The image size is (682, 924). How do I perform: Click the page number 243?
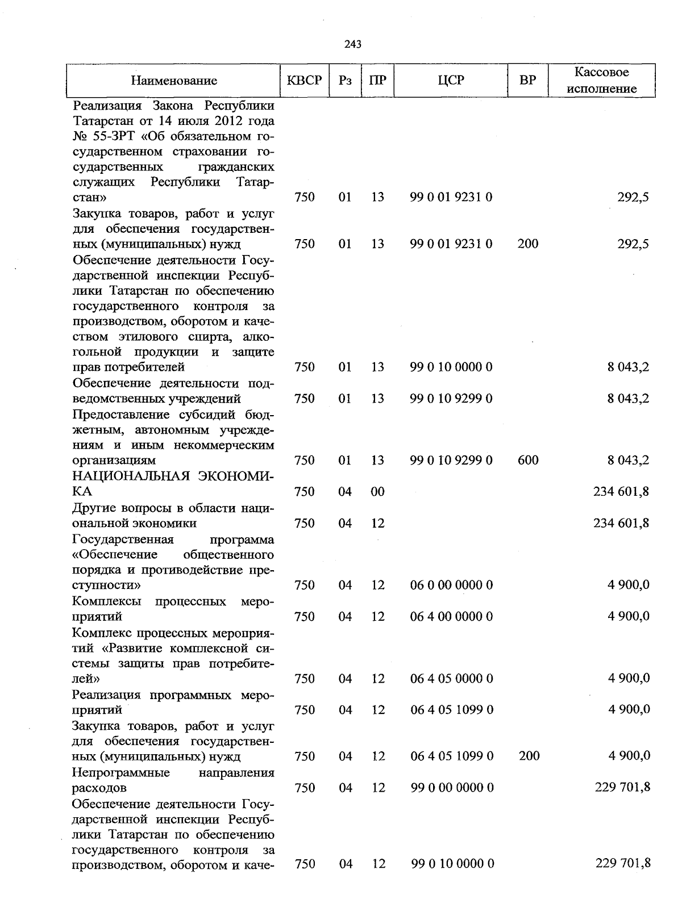(x=353, y=44)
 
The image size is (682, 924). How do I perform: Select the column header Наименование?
(x=174, y=81)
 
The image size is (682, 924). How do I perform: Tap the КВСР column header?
(x=304, y=81)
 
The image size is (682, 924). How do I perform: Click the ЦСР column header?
(x=451, y=81)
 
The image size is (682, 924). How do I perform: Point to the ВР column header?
(x=528, y=81)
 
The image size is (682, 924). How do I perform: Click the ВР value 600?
(x=528, y=460)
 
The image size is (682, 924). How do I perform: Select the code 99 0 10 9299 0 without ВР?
(x=451, y=399)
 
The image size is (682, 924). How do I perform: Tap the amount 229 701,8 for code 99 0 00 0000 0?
(x=622, y=787)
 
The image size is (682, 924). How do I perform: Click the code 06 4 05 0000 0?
(x=451, y=679)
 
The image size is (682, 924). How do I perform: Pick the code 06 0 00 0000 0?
(x=451, y=585)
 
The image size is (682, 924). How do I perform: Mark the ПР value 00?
(x=377, y=492)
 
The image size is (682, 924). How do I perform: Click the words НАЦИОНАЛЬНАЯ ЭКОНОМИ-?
(x=174, y=476)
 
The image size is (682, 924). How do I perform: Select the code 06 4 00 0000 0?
(x=451, y=616)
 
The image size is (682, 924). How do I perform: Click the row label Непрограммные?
(x=121, y=773)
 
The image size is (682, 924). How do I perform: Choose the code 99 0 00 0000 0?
(x=452, y=788)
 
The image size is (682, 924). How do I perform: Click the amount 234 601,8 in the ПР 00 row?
(x=621, y=492)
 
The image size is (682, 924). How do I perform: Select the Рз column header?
(x=345, y=81)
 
